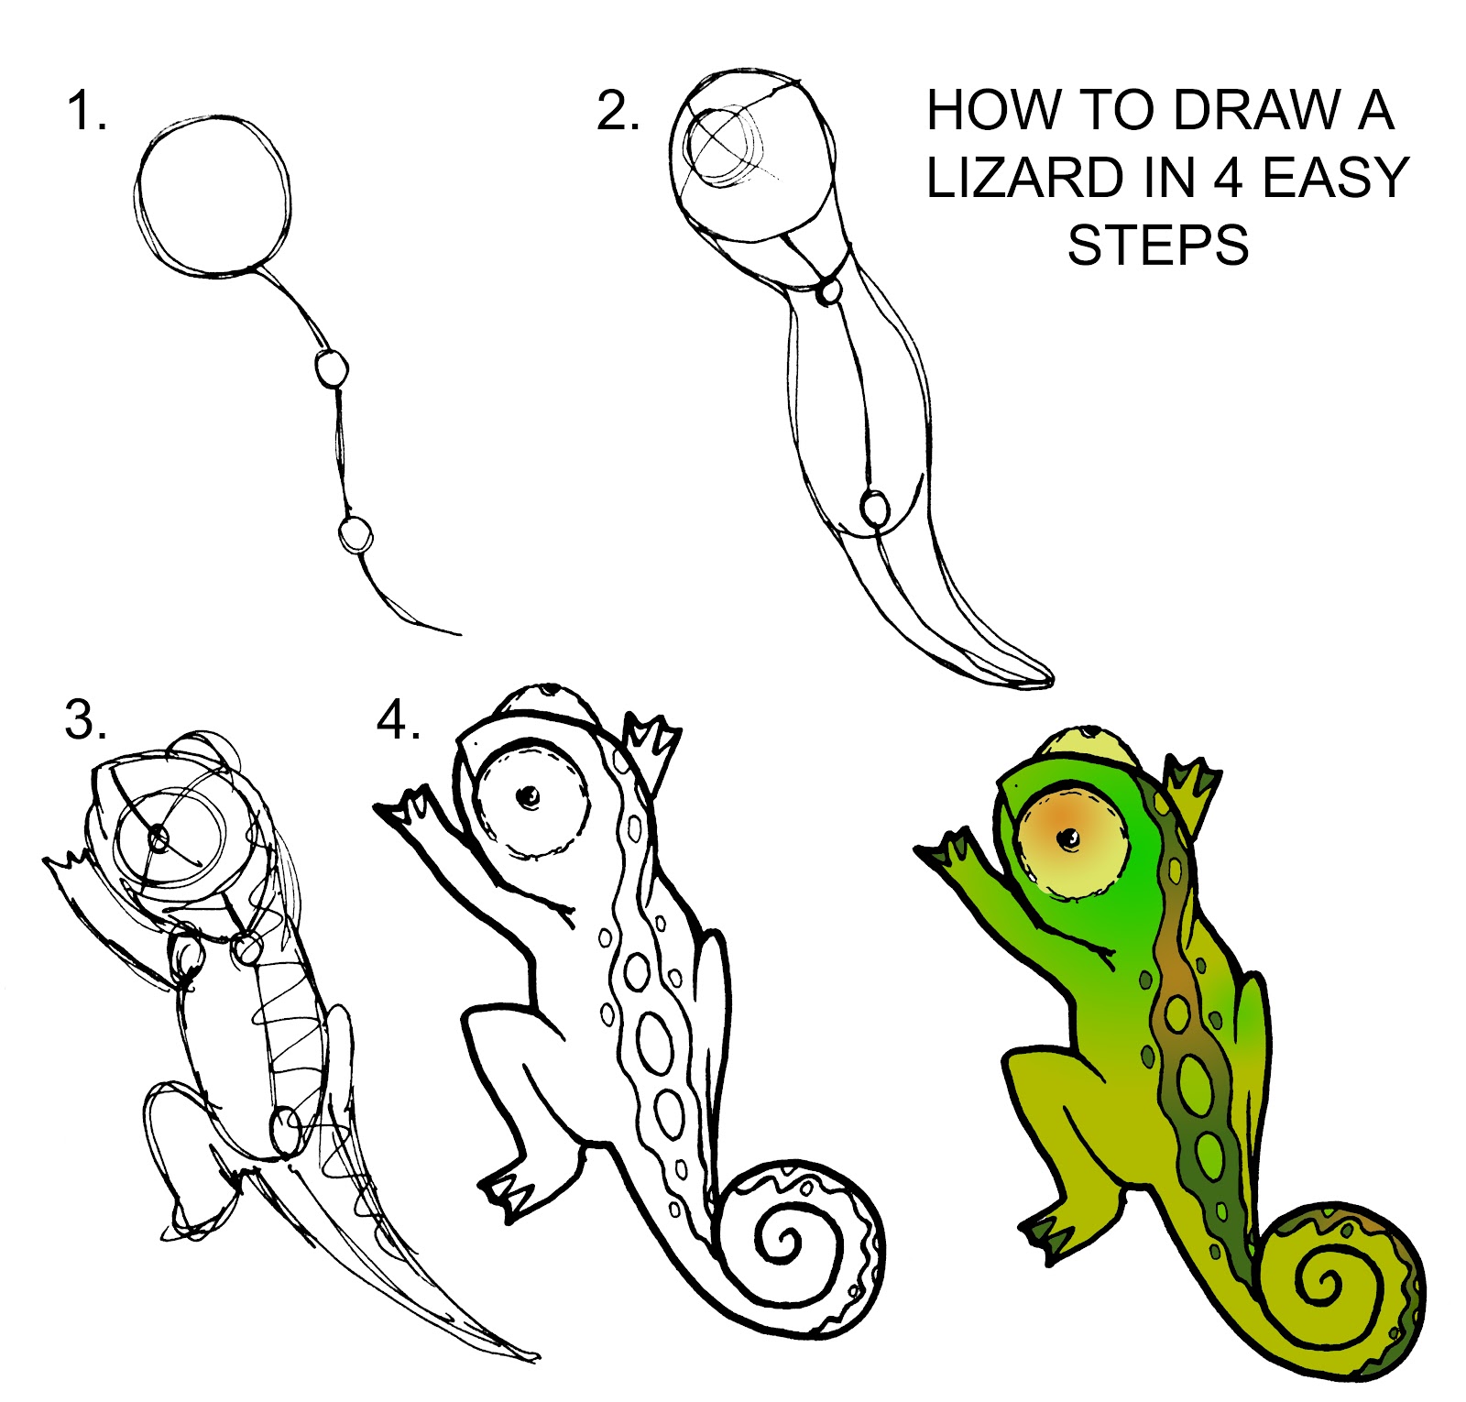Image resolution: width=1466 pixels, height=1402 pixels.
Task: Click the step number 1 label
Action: point(86,111)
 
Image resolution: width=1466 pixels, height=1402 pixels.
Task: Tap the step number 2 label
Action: point(617,111)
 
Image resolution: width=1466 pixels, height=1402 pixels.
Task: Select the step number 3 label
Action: point(85,719)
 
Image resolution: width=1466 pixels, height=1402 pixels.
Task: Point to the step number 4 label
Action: point(398,719)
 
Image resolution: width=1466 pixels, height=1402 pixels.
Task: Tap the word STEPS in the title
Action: point(1158,246)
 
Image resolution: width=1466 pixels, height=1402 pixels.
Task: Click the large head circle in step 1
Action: point(213,196)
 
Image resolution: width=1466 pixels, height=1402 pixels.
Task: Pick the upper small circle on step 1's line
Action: point(332,369)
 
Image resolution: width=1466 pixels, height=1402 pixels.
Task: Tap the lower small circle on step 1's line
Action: point(356,533)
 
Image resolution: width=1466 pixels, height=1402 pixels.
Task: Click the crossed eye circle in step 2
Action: point(724,147)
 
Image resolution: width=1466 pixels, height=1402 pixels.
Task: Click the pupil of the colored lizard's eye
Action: point(1067,838)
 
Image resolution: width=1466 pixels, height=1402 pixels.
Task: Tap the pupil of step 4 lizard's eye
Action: point(529,797)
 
